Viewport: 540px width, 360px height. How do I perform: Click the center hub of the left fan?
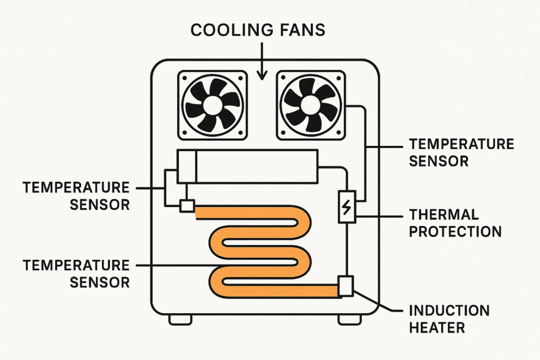coord(213,105)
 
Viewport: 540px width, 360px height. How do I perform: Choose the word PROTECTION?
coord(455,231)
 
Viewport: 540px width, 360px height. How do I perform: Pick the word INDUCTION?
coord(450,310)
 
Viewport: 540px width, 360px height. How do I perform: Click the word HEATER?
coord(437,327)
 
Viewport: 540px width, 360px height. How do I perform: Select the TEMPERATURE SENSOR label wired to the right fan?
coord(461,152)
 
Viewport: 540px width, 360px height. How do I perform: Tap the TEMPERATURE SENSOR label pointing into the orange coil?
coord(76,273)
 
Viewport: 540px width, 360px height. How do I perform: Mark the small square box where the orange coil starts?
coord(187,206)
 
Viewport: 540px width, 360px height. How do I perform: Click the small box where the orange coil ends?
coord(346,286)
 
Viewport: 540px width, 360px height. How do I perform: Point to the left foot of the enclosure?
coord(180,319)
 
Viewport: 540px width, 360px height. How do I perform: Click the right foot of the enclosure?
coord(349,319)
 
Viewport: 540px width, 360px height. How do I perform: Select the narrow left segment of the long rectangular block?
coord(186,167)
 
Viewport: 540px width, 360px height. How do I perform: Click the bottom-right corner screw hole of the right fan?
coord(341,133)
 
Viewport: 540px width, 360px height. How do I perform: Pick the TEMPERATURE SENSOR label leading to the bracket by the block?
coord(76,196)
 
